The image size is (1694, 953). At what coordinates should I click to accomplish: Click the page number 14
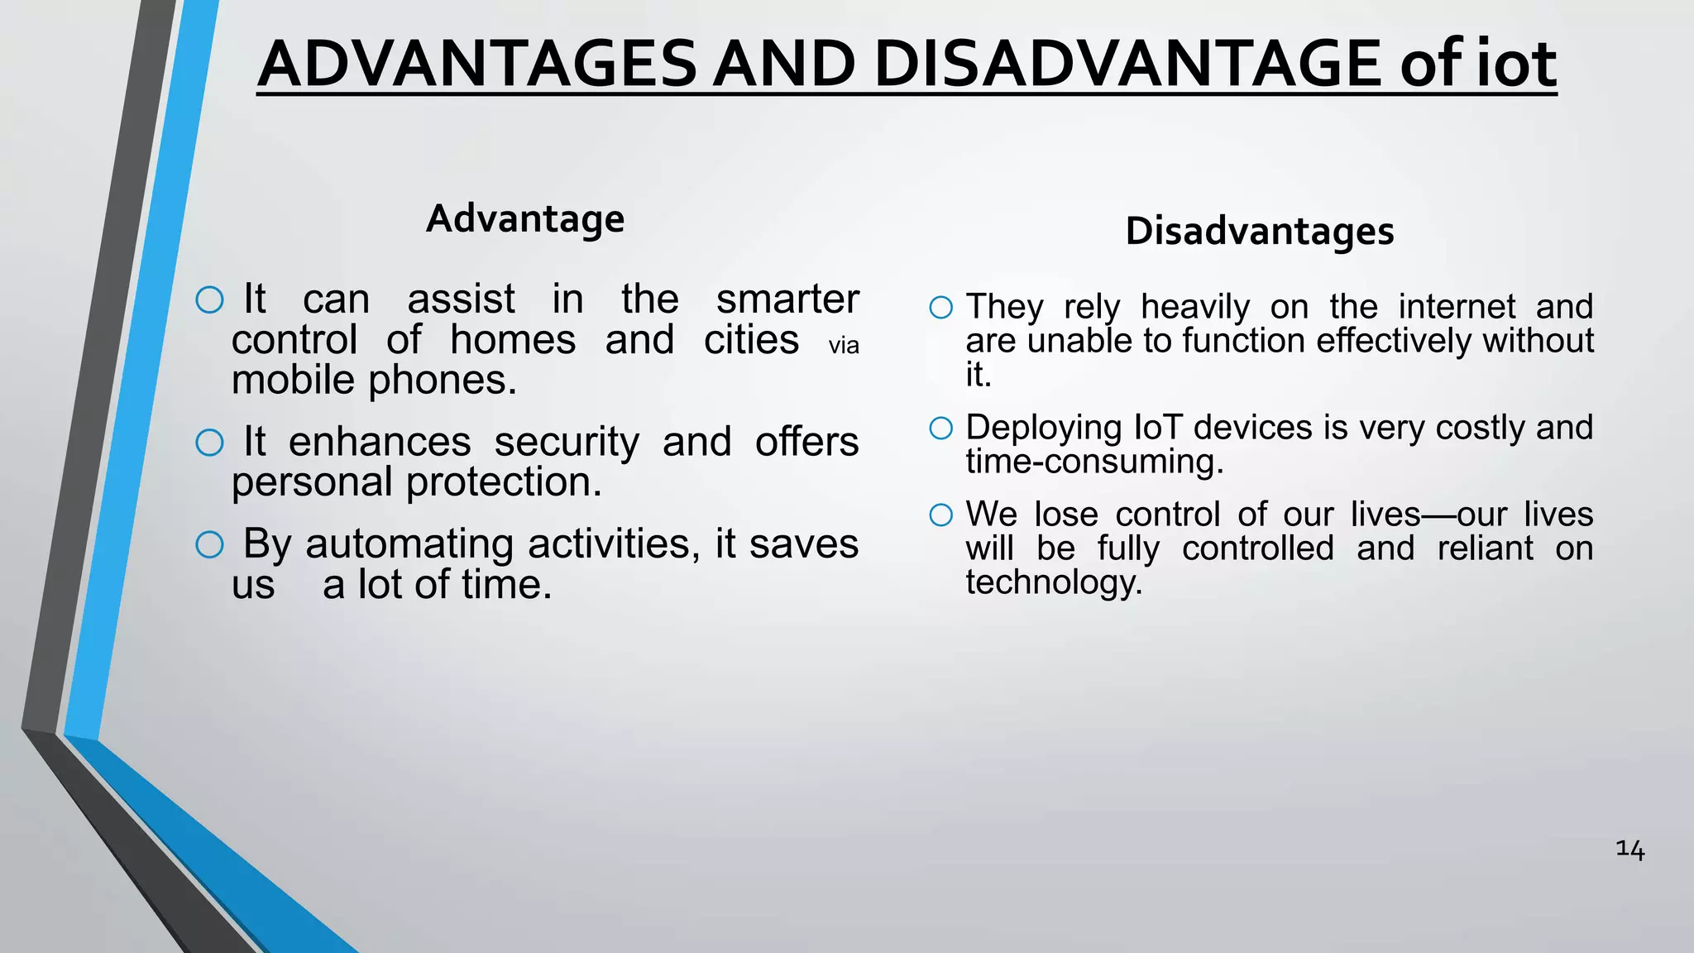coord(1629,850)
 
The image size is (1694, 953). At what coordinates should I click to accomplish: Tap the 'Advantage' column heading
coord(525,219)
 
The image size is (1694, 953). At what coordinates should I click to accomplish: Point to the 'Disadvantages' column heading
coord(1260,231)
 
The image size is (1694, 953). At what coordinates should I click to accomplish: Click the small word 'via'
coord(844,346)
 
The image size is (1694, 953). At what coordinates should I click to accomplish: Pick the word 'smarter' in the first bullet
coord(787,299)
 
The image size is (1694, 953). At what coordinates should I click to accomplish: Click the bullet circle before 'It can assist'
coord(210,299)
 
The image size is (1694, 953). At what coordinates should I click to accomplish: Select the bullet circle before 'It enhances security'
coord(210,443)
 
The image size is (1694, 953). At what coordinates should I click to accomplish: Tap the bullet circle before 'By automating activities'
coord(210,544)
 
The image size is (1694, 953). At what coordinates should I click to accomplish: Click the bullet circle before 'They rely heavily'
coord(940,308)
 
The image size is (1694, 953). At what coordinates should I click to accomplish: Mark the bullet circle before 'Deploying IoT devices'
coord(940,428)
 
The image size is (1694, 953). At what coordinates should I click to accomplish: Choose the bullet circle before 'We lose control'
coord(940,515)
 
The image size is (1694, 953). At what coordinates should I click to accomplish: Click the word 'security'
coord(567,443)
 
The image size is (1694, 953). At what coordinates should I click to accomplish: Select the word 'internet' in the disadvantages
coord(1457,307)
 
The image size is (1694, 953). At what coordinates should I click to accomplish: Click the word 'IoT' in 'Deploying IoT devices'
coord(1157,428)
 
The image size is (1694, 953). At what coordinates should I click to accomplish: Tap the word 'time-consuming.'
coord(1094,462)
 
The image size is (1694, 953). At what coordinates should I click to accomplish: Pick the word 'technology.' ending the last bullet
coord(1054,582)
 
